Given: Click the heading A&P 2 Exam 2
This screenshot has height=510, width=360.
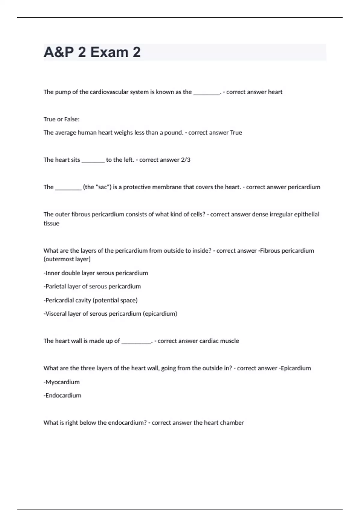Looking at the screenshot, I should tap(92, 52).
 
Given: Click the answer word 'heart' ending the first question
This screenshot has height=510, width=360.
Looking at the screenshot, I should tap(275, 92).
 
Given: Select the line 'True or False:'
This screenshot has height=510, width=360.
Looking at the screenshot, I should tap(61, 119).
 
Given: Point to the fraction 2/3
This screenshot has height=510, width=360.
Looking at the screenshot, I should tap(186, 160).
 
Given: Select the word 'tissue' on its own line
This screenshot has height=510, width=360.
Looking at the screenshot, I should tap(51, 223).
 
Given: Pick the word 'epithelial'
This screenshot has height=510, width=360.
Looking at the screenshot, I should tap(307, 214).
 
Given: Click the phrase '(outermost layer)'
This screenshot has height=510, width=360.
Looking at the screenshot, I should tap(67, 259).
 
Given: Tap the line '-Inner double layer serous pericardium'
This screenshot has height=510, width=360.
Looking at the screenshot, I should tap(96, 273).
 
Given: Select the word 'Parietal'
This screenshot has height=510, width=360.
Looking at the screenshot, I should tap(55, 286).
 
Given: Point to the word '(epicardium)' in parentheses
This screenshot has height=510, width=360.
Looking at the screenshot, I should tap(160, 314).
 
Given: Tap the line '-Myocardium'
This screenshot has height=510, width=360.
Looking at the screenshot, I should tap(61, 382).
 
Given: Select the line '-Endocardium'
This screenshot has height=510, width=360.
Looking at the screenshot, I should tap(62, 396).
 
